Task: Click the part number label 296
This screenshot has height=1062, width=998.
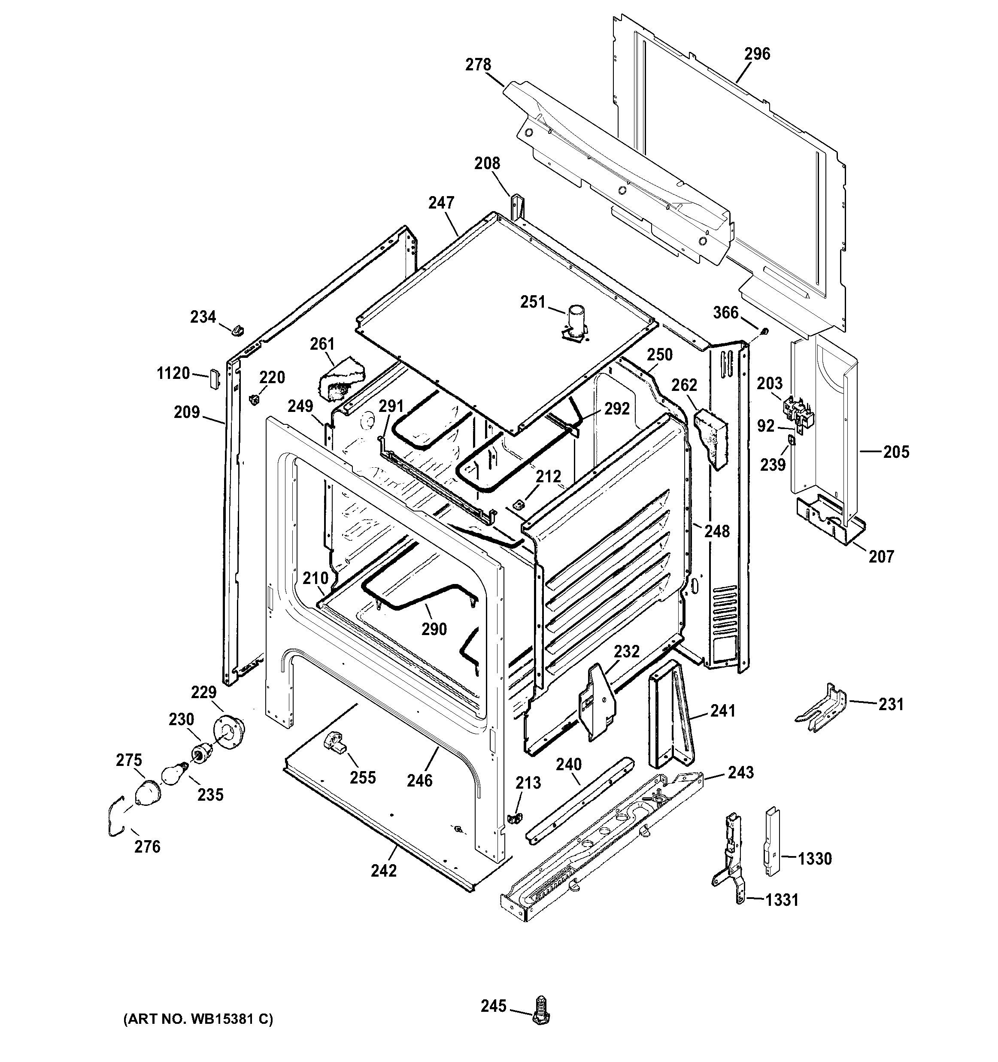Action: coord(757,54)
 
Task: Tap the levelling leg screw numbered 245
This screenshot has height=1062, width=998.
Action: coord(542,1009)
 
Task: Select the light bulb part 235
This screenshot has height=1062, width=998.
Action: coord(174,774)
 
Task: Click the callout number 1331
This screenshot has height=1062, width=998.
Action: coord(782,900)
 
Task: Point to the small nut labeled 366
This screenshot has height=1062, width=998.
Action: coord(764,332)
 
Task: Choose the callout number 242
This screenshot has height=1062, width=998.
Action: coord(384,870)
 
